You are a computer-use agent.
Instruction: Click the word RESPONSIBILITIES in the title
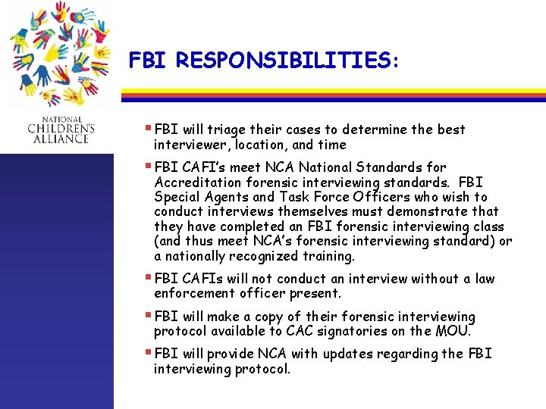286,60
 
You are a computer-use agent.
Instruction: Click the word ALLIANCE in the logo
66,139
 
